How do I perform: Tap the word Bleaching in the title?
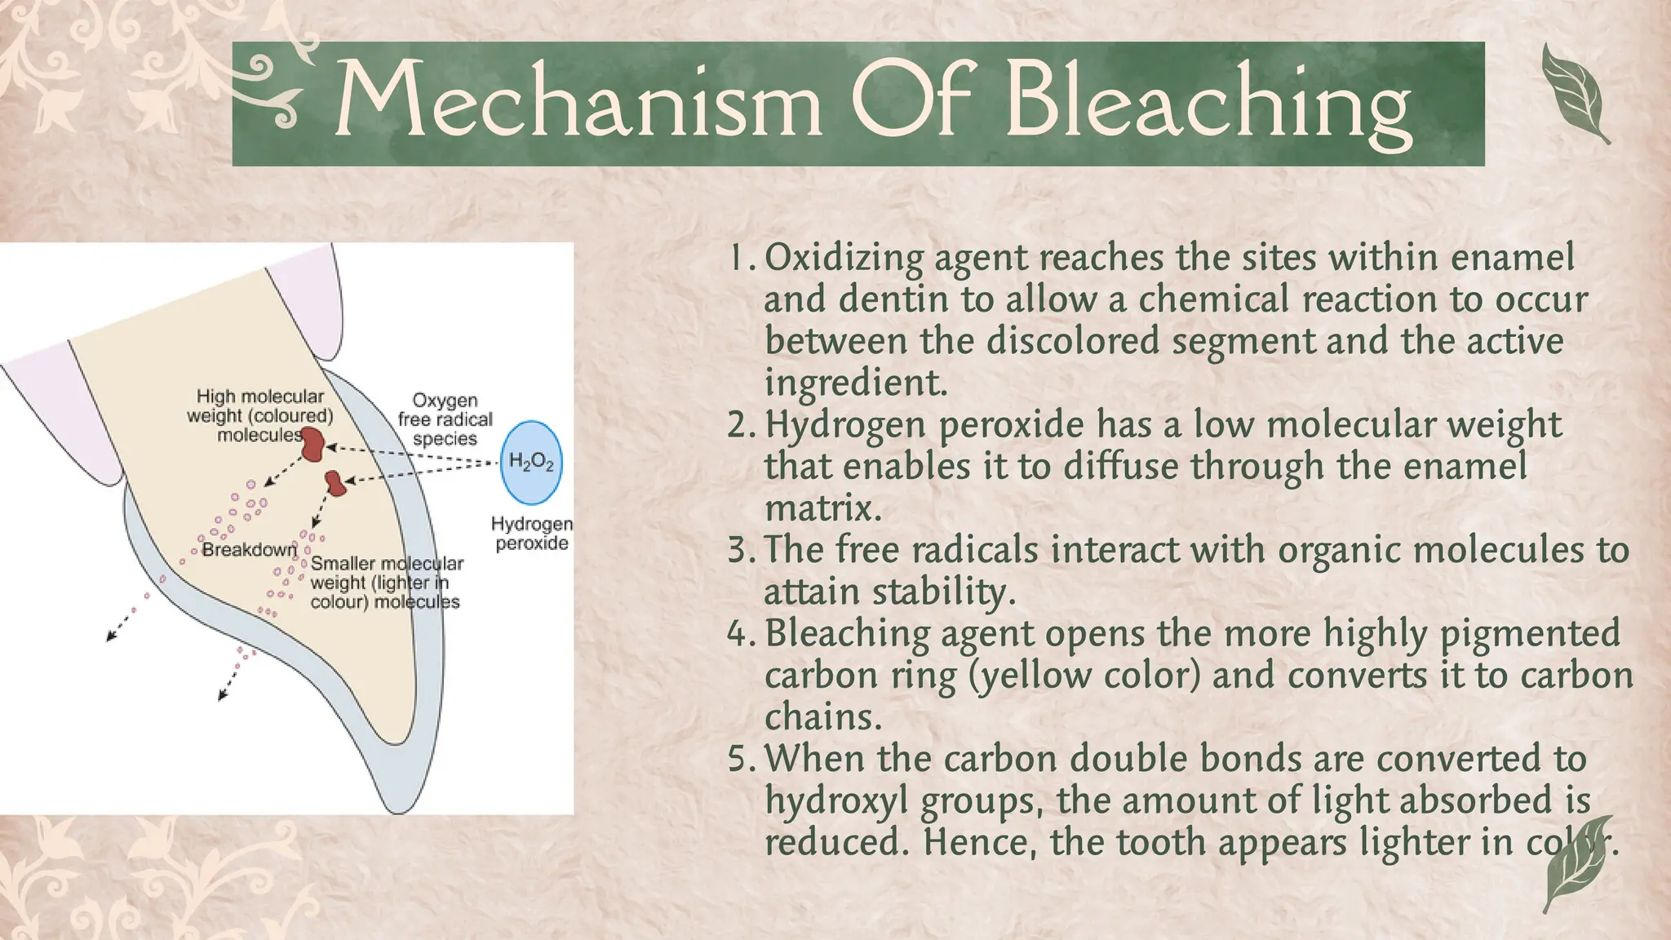coord(1208,103)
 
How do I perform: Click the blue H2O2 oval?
coord(531,463)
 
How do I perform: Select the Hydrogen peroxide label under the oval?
coord(531,533)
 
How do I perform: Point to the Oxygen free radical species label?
coord(445,419)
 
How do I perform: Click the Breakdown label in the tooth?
coord(249,550)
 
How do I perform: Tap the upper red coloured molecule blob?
coord(312,446)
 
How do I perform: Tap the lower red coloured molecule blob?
coord(335,482)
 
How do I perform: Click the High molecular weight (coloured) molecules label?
coord(259,415)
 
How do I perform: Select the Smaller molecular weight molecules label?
coord(386,583)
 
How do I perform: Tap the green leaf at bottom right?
coord(1580,865)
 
